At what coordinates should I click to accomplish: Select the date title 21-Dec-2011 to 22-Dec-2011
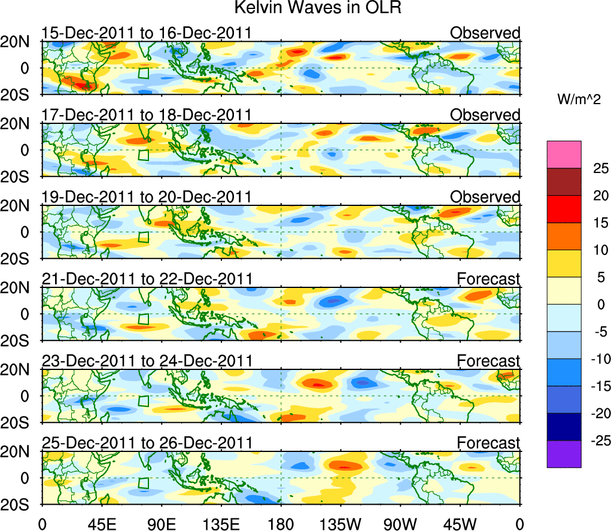click(147, 278)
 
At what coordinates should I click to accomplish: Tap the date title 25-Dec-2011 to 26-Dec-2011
click(147, 442)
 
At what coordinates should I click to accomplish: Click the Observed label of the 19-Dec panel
click(485, 197)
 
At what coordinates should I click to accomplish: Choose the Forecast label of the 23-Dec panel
click(488, 361)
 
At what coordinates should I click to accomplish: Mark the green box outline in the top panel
click(143, 73)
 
